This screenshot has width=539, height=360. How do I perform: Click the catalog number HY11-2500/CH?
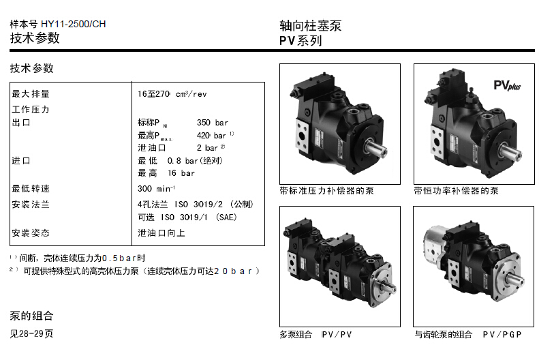point(73,24)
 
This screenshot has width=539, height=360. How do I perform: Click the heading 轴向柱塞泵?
point(311,26)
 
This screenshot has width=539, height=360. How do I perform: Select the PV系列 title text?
point(301,41)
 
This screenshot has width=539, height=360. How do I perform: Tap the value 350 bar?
point(212,123)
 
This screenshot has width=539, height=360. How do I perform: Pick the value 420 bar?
point(211,136)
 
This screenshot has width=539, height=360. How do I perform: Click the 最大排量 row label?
point(31,94)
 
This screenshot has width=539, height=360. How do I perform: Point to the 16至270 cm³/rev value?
point(172,94)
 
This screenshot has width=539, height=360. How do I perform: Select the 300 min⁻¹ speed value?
point(156,188)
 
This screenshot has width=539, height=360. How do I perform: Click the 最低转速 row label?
point(31,189)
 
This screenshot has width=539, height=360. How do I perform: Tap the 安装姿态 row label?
point(31,233)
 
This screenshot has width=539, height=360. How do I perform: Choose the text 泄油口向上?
point(161,233)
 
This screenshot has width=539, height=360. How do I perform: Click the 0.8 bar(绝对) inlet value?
point(195,161)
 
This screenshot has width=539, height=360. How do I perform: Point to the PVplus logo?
point(507,85)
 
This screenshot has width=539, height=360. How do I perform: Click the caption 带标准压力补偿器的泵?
point(326,191)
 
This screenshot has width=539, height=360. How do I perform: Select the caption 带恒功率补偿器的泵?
point(456,191)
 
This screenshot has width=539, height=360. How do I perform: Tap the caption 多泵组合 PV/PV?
point(315,335)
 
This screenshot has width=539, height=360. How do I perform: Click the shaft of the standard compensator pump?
point(375,148)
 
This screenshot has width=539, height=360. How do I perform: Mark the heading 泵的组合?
point(31,316)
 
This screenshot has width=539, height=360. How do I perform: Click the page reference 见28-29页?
point(31,333)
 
